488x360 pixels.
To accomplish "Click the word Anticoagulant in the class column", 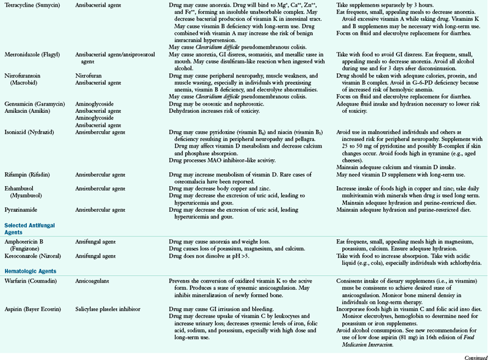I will point(91,280).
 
